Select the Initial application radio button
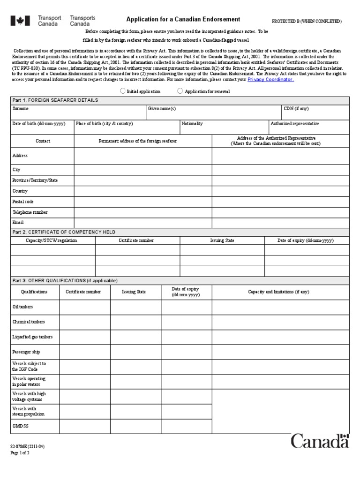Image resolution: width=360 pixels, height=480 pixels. [123, 91]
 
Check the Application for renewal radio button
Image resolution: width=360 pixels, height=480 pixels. [180, 91]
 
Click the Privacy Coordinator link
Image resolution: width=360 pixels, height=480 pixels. [270, 80]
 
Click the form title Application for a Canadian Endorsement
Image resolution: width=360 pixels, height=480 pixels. [183, 19]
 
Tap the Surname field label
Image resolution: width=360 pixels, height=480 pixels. [21, 109]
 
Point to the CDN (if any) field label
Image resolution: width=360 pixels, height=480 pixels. [296, 109]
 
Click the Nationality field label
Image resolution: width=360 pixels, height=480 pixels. [192, 124]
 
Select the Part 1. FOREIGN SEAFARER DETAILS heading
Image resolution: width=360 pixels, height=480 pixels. [55, 100]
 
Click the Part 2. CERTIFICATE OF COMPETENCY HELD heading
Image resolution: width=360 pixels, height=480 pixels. [64, 232]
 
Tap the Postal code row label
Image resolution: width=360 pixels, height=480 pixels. [23, 202]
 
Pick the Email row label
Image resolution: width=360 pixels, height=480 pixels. [18, 223]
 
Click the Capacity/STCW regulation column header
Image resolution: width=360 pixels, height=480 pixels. [52, 240]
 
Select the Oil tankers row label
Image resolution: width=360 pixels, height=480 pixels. [22, 307]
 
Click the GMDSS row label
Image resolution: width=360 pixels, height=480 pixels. [21, 427]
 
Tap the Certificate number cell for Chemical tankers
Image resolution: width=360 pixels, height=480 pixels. [84, 322]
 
